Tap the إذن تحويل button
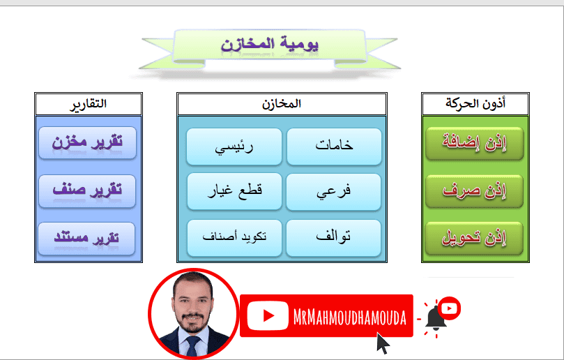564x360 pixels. click(474, 239)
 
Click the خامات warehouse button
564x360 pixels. click(334, 147)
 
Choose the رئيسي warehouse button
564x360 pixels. click(234, 147)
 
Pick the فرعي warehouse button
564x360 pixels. click(334, 191)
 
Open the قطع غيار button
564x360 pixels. click(234, 191)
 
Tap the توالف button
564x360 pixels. click(334, 237)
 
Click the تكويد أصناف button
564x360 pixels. click(234, 237)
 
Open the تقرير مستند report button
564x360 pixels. click(87, 238)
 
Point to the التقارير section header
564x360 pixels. click(89, 105)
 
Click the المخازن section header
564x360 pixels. click(282, 105)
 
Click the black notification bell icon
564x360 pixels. click(436, 318)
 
